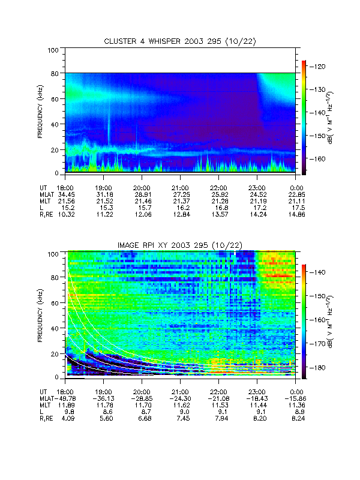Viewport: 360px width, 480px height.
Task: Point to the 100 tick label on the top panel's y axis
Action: click(x=53, y=50)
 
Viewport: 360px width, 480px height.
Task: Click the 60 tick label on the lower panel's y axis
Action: click(x=55, y=304)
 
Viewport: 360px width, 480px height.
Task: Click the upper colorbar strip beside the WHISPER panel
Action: click(x=304, y=117)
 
